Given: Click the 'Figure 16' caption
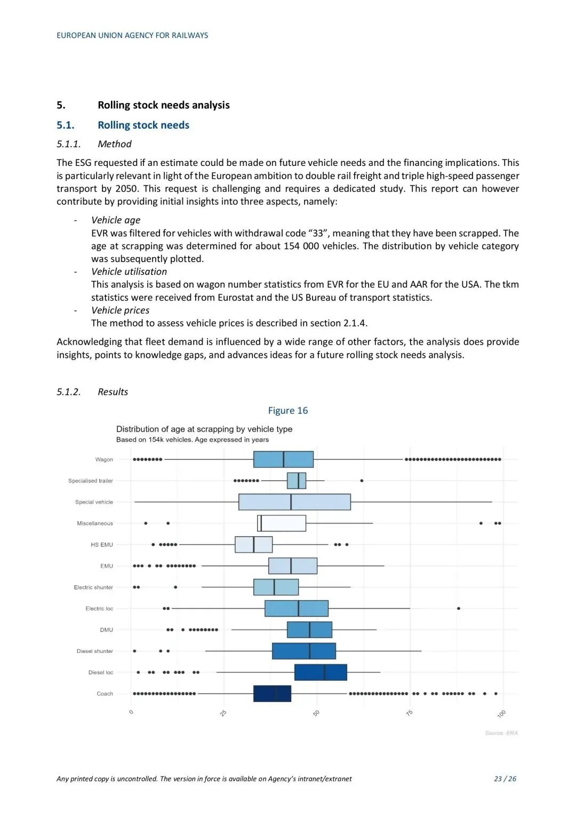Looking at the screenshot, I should click(x=287, y=410).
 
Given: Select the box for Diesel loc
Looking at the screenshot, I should click(x=321, y=672).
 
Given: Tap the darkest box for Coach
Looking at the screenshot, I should click(x=272, y=694).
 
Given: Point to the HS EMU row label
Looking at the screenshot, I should click(x=102, y=545).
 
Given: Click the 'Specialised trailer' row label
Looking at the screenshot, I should click(x=91, y=481).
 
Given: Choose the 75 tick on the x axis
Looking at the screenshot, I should click(x=410, y=713).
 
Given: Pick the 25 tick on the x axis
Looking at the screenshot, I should click(x=223, y=713).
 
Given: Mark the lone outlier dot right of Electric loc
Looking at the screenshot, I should click(x=459, y=608).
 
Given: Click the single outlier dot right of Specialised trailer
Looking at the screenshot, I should click(x=362, y=481).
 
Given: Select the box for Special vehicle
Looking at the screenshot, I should click(x=294, y=502).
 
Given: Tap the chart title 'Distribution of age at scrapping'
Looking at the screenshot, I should click(x=204, y=429).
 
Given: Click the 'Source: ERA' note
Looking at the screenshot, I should click(x=501, y=733).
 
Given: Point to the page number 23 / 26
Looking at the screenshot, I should click(x=505, y=779).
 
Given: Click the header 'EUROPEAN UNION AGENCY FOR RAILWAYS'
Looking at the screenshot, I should click(x=132, y=35).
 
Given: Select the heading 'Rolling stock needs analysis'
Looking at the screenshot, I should click(x=163, y=105).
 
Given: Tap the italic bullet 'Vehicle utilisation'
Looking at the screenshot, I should click(x=129, y=272).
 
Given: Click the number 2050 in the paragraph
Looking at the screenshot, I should click(x=126, y=188).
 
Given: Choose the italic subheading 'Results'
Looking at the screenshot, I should click(x=113, y=392).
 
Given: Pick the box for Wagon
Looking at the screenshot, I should click(x=283, y=459).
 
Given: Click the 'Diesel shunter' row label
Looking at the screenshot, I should click(x=95, y=651).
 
